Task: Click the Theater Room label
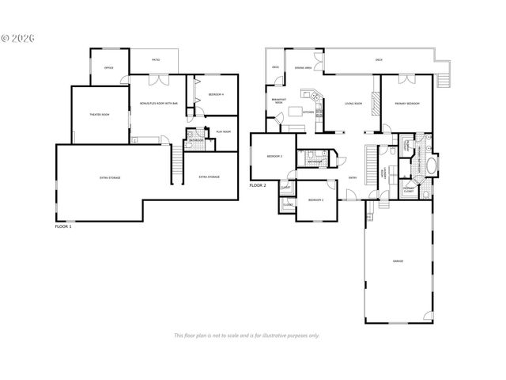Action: [x=100, y=116]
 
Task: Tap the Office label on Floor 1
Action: [x=109, y=68]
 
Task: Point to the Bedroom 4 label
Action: [x=217, y=95]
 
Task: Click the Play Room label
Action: [x=224, y=132]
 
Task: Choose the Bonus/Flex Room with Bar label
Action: [x=157, y=104]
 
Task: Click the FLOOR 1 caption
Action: [x=63, y=226]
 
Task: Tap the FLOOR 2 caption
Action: [x=259, y=185]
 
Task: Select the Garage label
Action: [x=398, y=261]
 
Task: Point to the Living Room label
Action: [x=353, y=104]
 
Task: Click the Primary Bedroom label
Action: [x=408, y=104]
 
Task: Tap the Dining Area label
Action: [x=302, y=68]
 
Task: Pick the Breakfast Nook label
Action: [x=278, y=101]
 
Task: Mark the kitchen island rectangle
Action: [x=298, y=110]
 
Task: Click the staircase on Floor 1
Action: [x=178, y=162]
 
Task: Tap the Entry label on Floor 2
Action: [x=352, y=178]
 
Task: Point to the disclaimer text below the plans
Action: [x=247, y=335]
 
